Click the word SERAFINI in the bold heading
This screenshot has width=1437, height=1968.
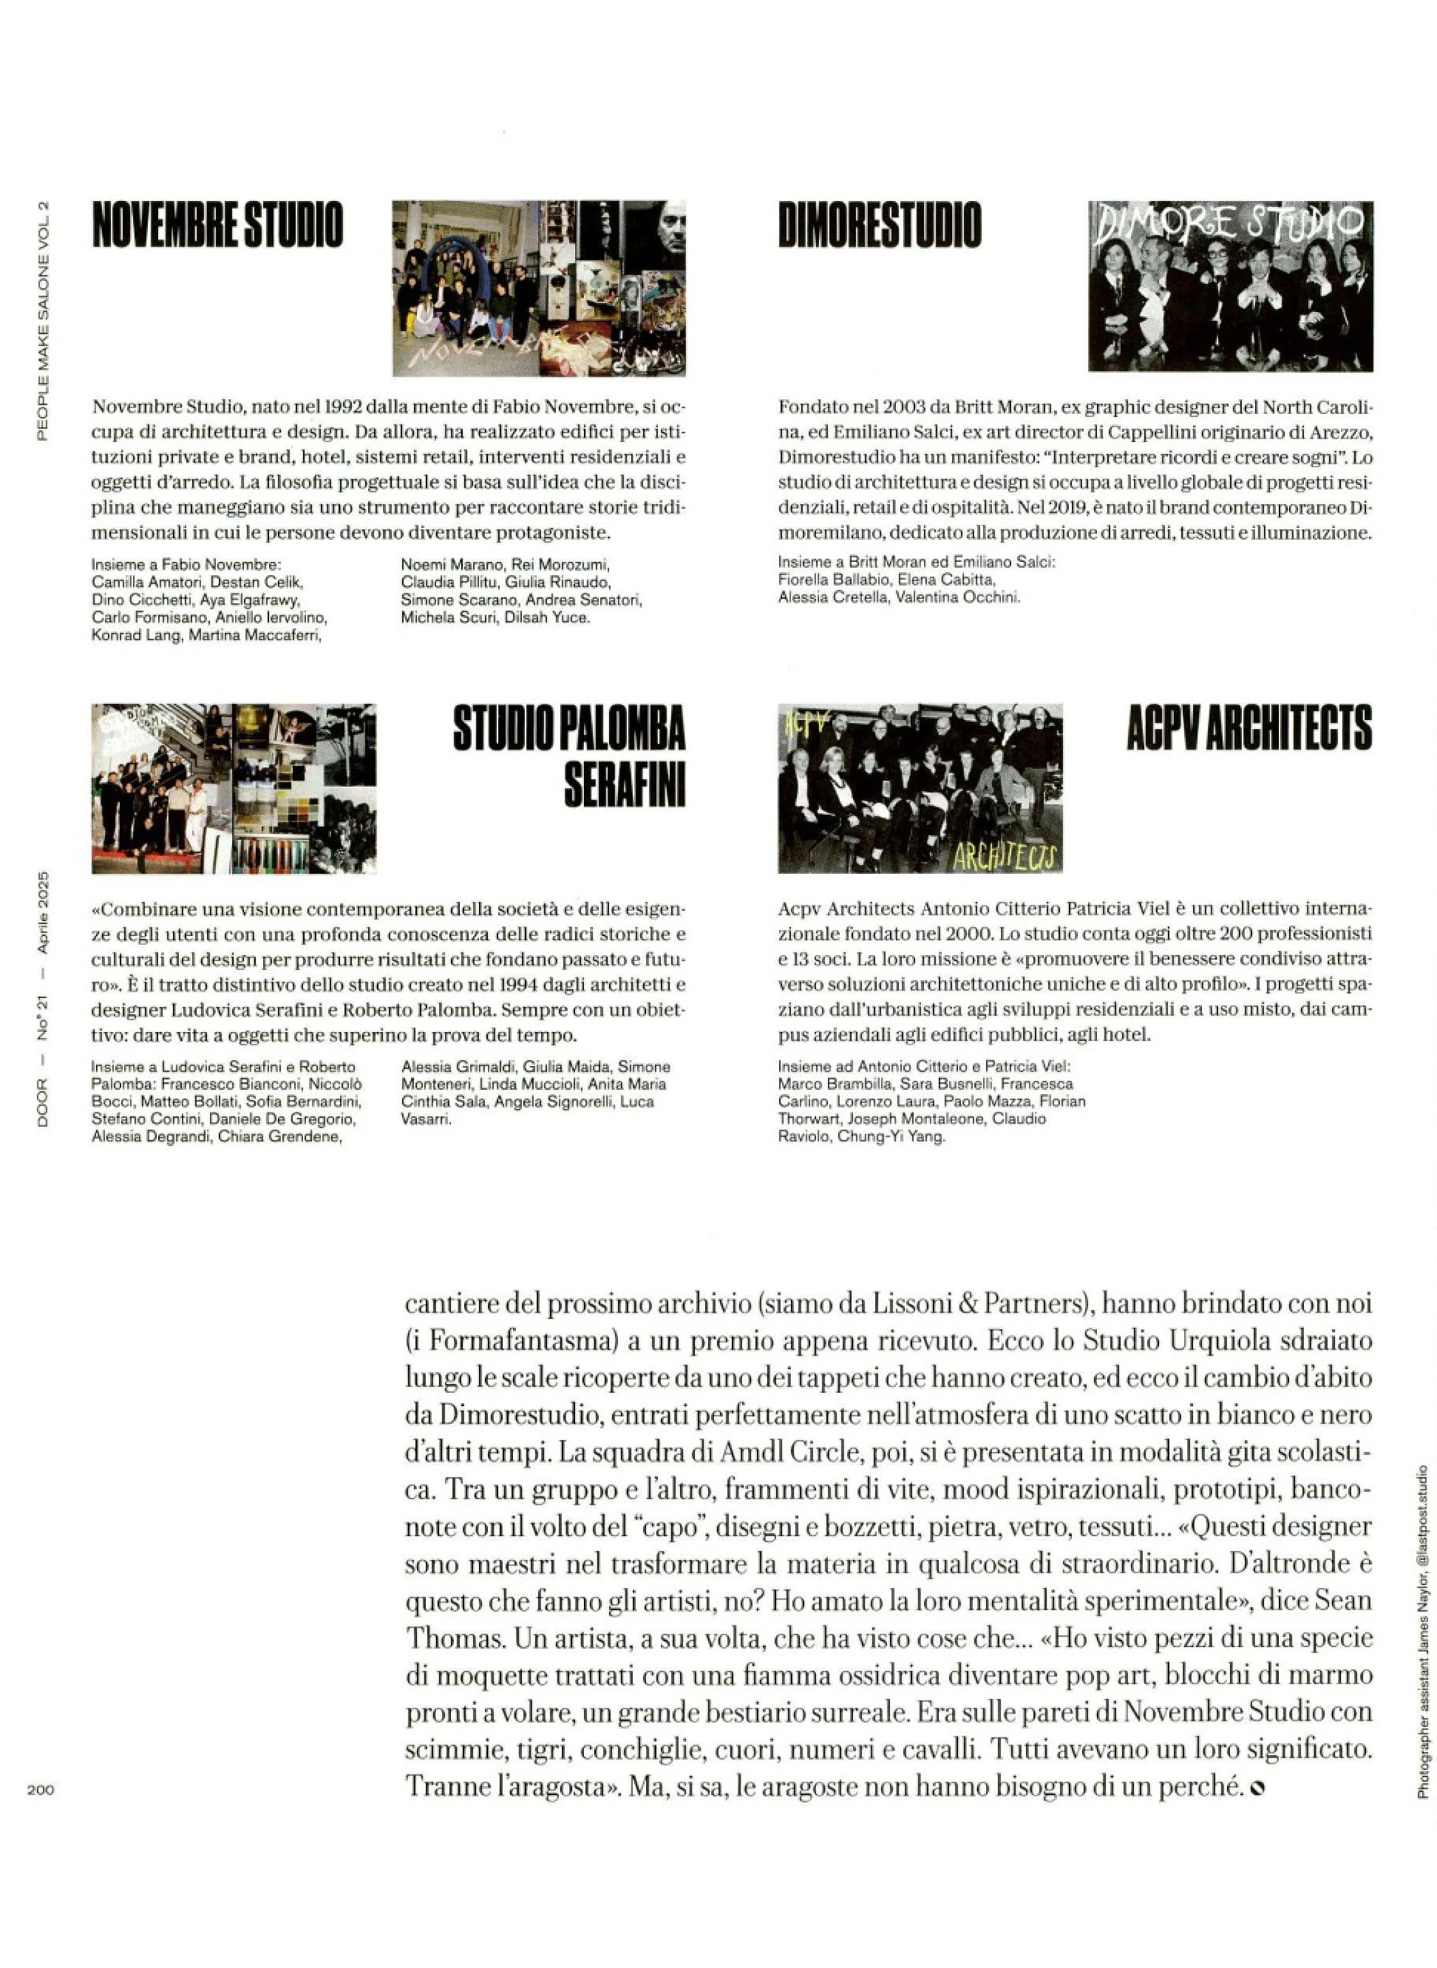[624, 783]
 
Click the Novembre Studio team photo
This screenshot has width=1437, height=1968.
[538, 288]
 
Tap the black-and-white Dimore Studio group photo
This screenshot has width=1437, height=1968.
[1230, 286]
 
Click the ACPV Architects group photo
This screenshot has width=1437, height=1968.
[920, 788]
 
